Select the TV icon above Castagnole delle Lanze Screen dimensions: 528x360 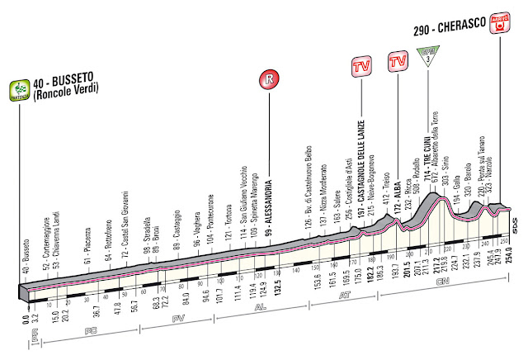point(360,64)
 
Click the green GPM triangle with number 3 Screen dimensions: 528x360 point(428,58)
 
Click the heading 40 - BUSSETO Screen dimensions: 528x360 point(64,81)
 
